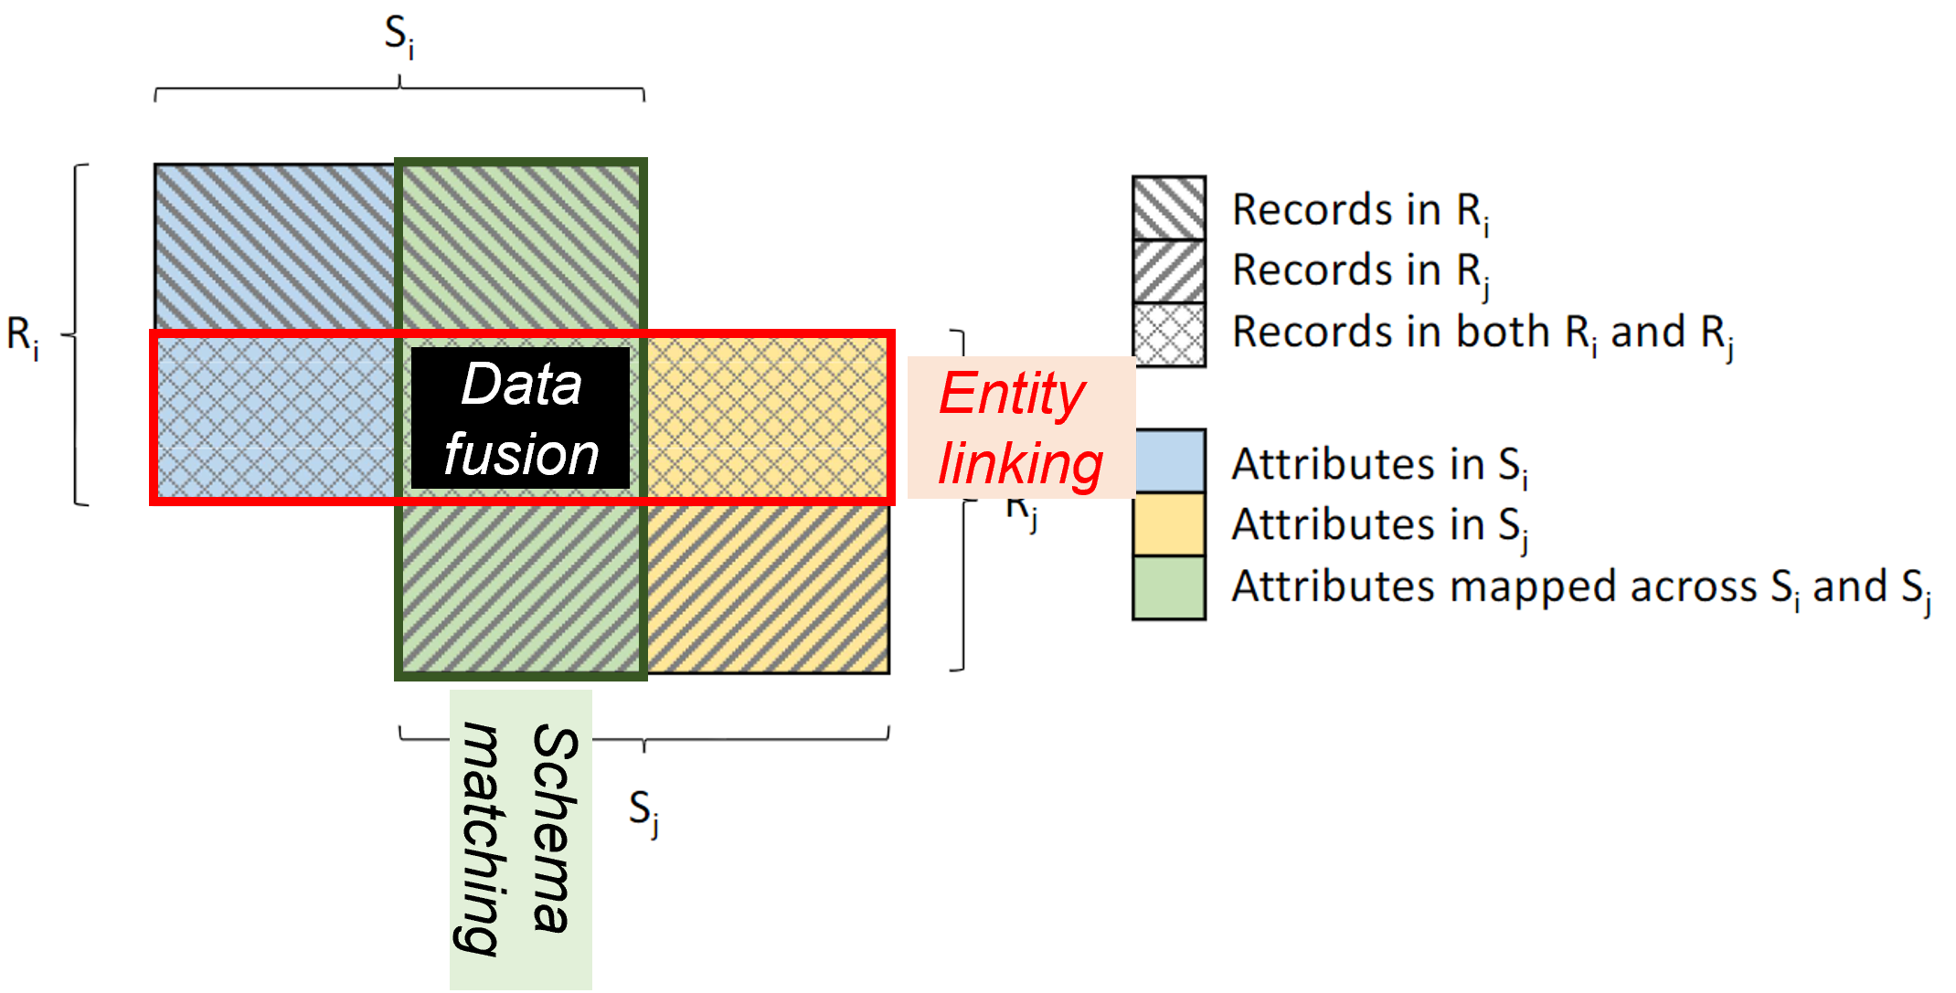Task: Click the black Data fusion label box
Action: tap(520, 417)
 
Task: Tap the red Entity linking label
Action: tap(1021, 428)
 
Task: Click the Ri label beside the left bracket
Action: tap(23, 336)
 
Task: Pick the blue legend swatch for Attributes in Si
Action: tap(1169, 461)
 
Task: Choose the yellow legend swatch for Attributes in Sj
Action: tap(1169, 523)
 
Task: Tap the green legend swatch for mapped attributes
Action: tap(1169, 587)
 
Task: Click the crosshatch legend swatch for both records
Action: tap(1169, 334)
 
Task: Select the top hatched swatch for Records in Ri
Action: tap(1169, 208)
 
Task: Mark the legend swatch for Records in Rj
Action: tap(1169, 270)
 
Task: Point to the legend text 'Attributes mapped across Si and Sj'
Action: tap(1580, 587)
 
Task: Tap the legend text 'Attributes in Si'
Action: tap(1379, 464)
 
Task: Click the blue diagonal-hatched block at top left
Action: tap(274, 247)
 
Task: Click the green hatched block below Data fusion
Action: tap(521, 586)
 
